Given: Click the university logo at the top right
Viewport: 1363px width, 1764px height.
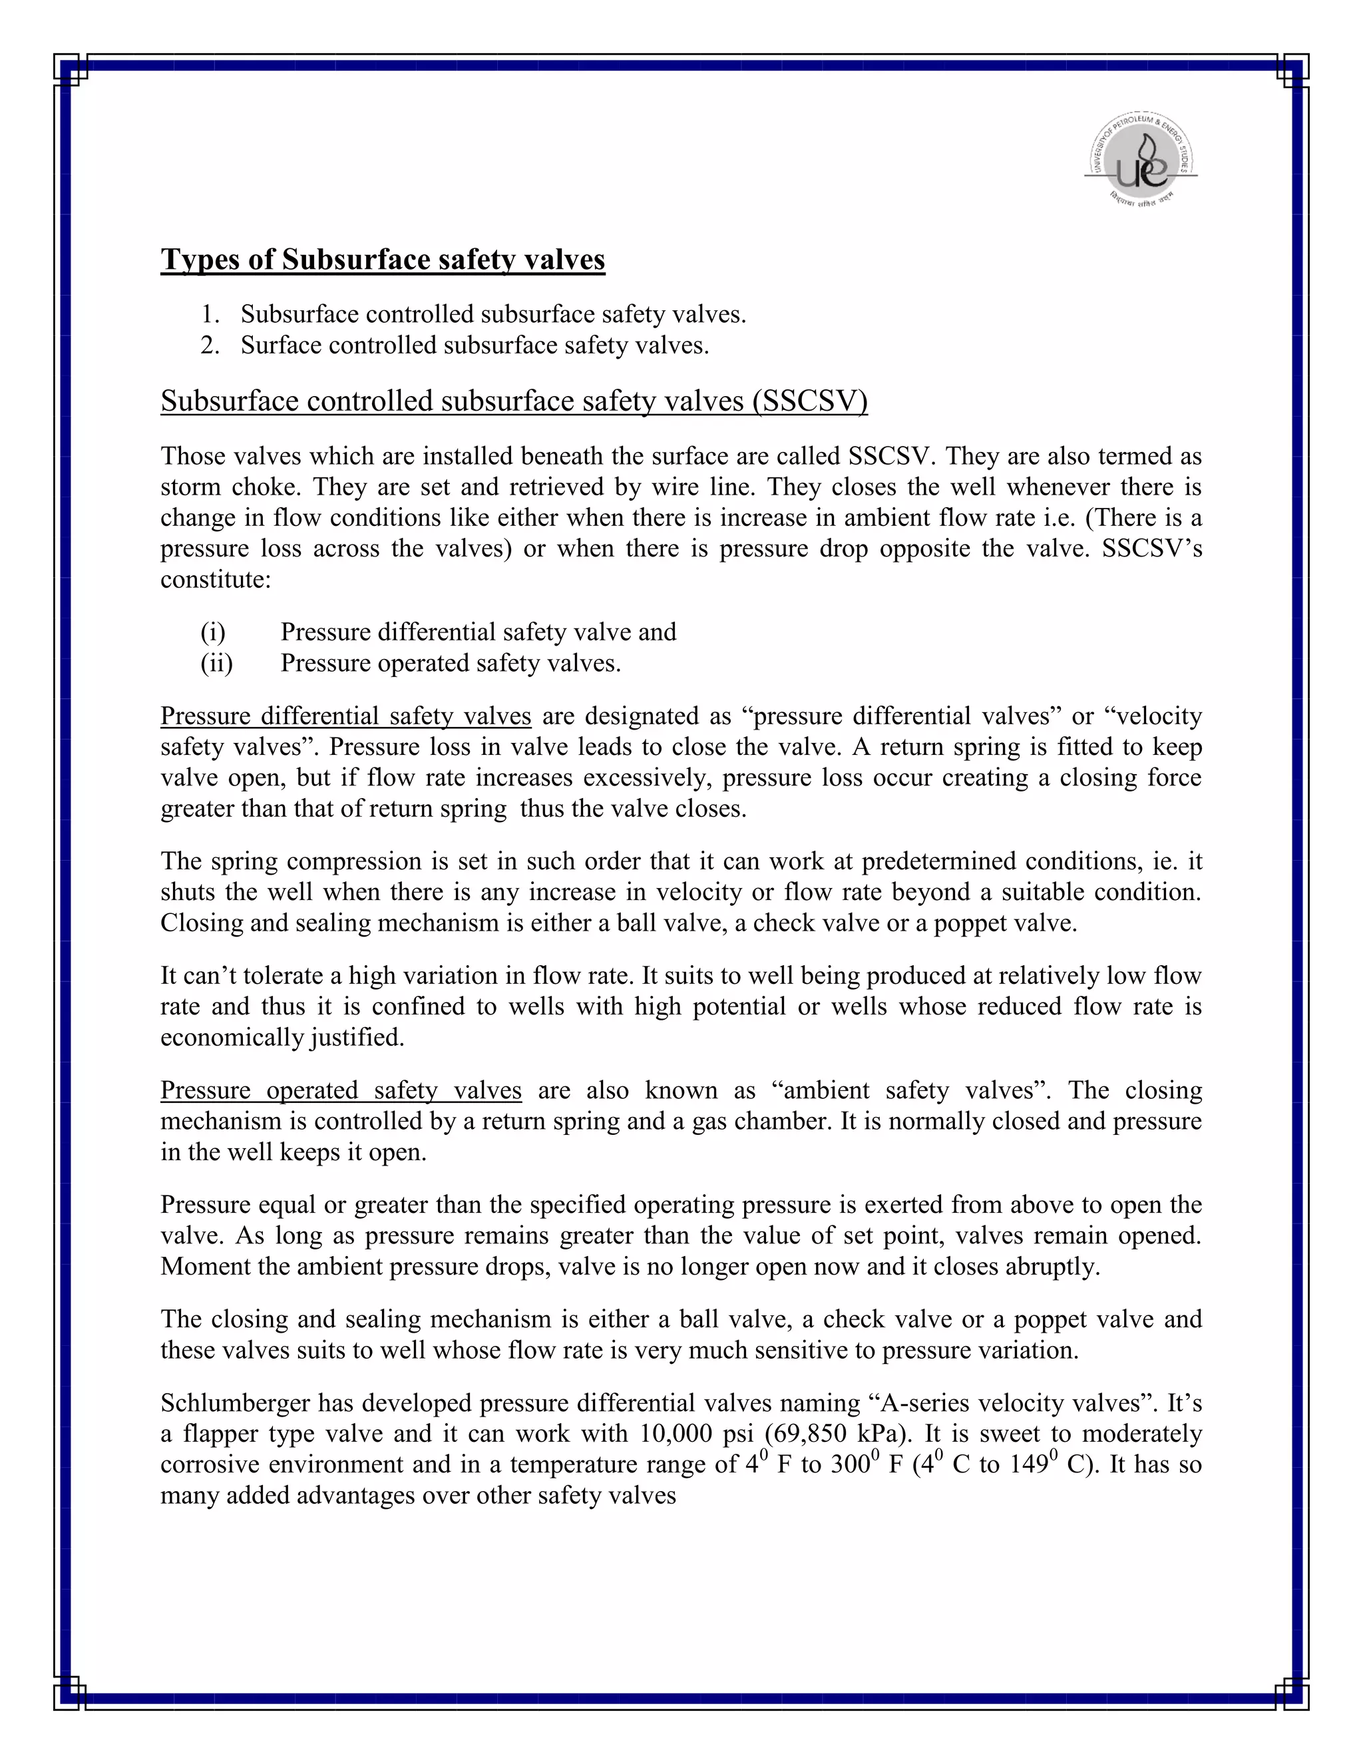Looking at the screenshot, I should (x=1140, y=158).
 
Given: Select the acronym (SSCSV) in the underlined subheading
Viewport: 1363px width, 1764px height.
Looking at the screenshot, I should (x=810, y=401).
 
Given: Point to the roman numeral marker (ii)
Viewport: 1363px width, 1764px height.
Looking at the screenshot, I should (x=216, y=663).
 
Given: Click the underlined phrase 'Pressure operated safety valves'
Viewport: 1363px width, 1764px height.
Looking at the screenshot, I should (x=341, y=1090).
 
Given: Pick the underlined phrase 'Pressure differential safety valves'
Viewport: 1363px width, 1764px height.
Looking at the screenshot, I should (x=345, y=716).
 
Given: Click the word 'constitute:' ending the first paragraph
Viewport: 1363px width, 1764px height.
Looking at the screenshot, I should (x=216, y=580).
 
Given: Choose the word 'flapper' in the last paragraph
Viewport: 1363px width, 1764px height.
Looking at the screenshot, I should (x=222, y=1434).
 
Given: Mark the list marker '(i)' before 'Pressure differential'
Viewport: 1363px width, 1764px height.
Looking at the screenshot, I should (x=212, y=632).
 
